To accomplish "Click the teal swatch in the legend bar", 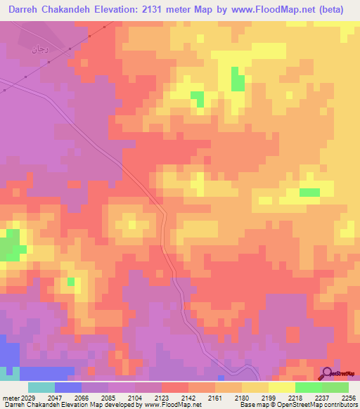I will (x=41, y=387).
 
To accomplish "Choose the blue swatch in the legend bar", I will (x=68, y=387).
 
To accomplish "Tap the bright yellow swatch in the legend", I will (x=281, y=387).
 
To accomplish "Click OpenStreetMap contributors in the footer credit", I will (x=326, y=405).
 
